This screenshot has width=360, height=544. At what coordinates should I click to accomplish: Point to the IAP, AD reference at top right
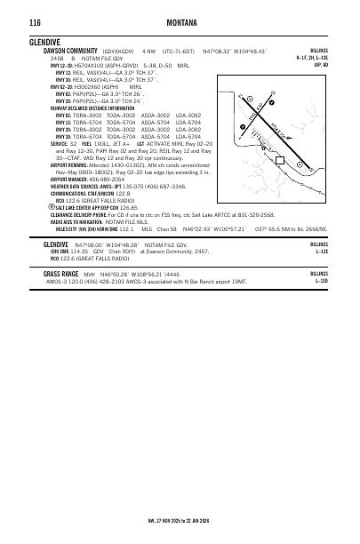tap(320, 64)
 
